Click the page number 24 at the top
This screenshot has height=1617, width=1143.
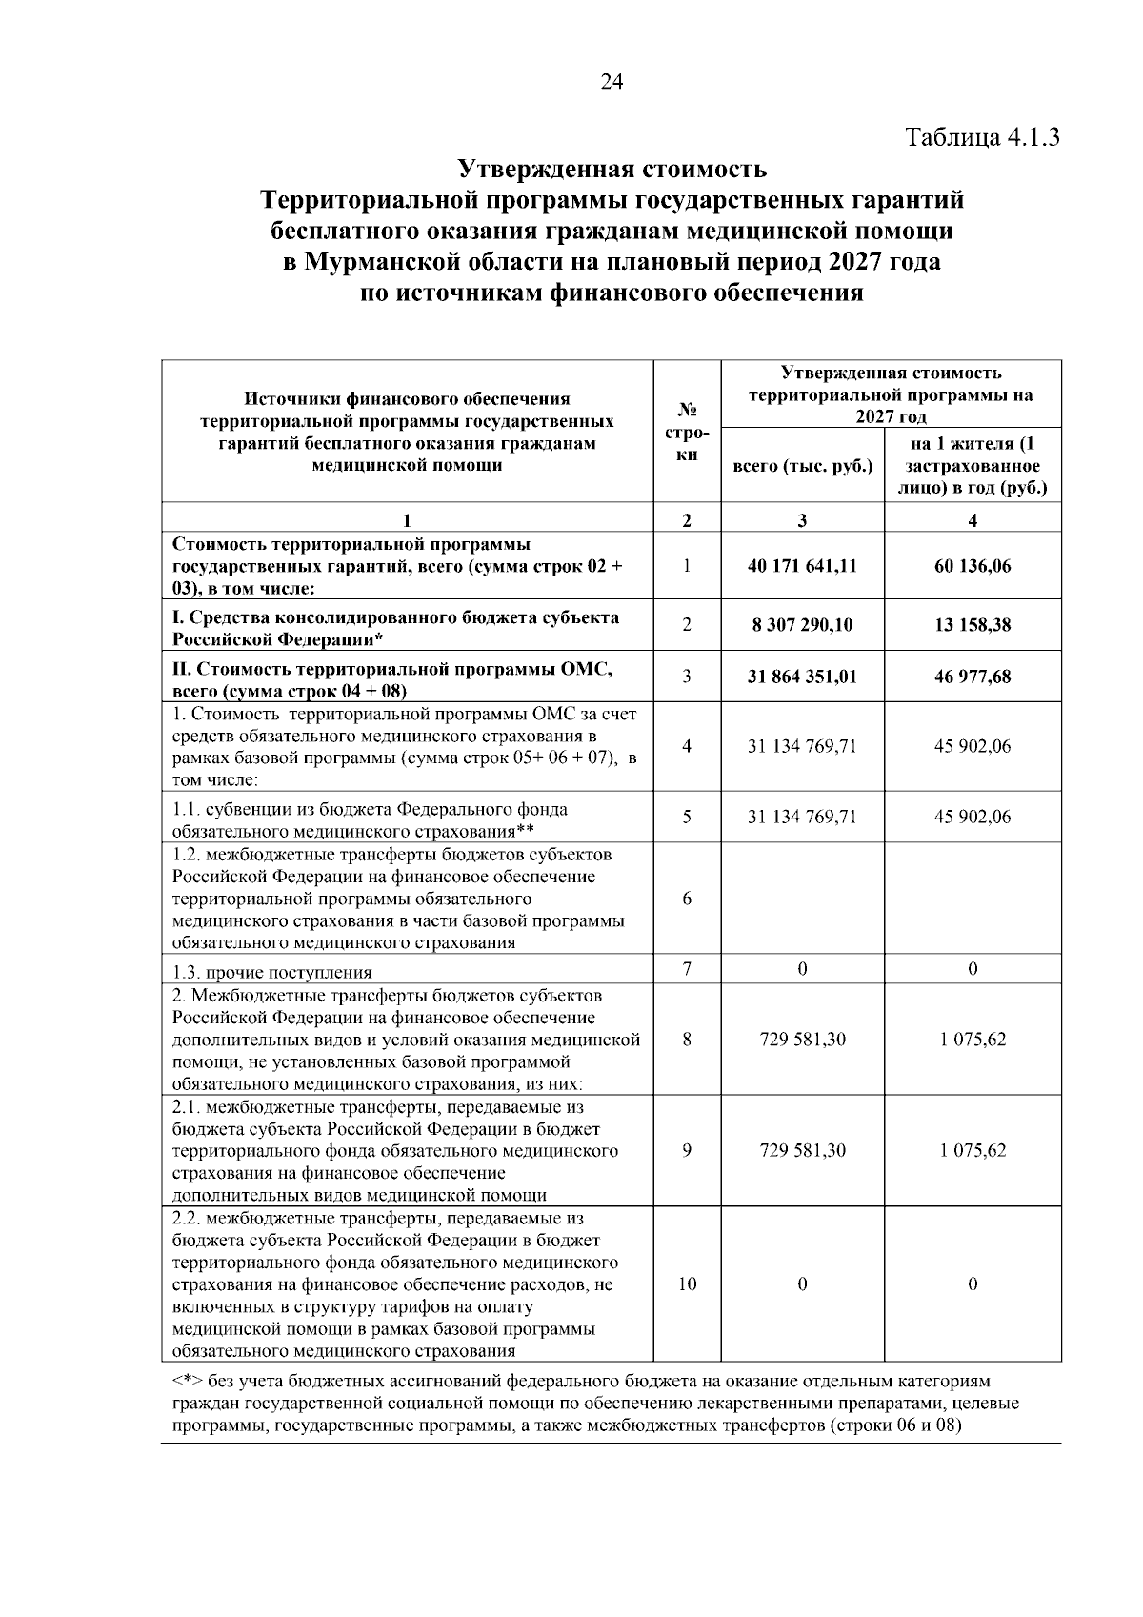pos(612,83)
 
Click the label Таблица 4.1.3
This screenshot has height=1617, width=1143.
pos(982,136)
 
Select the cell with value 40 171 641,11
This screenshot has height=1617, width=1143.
pos(802,565)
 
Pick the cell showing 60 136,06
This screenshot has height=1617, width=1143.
pos(972,565)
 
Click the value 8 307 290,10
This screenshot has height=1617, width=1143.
pos(802,625)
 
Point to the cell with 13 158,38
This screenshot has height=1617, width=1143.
pos(972,625)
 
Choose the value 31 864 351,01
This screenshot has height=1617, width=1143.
pos(802,677)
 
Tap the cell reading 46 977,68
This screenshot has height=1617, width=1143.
pos(972,677)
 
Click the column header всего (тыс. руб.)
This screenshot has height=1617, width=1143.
pos(802,466)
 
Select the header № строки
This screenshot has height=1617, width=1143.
pos(687,432)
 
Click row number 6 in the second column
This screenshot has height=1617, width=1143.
pos(687,899)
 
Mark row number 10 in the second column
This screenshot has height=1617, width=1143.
pos(687,1283)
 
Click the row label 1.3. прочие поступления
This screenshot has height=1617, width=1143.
pos(271,972)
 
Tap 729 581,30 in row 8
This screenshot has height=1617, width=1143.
pos(802,1040)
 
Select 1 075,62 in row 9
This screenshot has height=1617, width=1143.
pos(972,1150)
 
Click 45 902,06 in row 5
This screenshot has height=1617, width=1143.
pos(972,817)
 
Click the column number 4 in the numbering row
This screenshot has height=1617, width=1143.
pos(972,520)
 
